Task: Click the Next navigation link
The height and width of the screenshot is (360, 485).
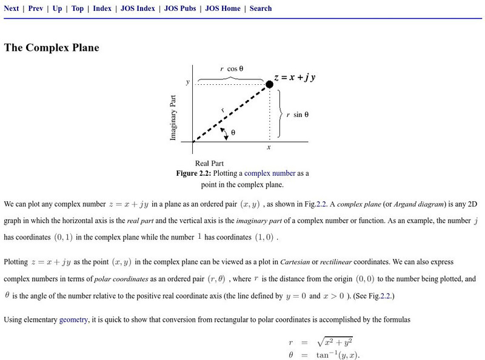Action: tap(12, 8)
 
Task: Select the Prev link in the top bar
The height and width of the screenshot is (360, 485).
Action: tap(35, 8)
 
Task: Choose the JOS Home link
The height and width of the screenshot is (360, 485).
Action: tap(222, 8)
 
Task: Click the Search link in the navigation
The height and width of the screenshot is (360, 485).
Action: tap(261, 8)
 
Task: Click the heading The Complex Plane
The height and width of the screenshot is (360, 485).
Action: tap(52, 48)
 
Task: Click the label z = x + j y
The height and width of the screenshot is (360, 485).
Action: tap(298, 78)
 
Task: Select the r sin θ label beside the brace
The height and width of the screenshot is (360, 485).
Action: tap(297, 114)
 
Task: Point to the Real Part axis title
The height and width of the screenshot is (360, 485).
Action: tap(210, 163)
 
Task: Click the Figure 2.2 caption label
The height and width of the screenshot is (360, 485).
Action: tap(197, 173)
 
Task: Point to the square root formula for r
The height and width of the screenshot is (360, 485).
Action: tap(343, 343)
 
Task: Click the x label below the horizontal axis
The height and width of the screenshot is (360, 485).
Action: tap(269, 147)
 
